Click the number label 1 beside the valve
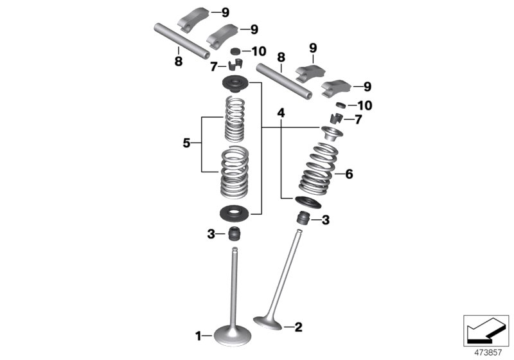click(199, 335)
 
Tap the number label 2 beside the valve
click(297, 327)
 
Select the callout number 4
click(280, 113)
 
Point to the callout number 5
click(186, 143)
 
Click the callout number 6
click(349, 174)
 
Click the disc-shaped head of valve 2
click(269, 319)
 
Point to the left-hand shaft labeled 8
click(181, 39)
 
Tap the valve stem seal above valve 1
click(236, 234)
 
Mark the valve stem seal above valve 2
click(303, 218)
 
